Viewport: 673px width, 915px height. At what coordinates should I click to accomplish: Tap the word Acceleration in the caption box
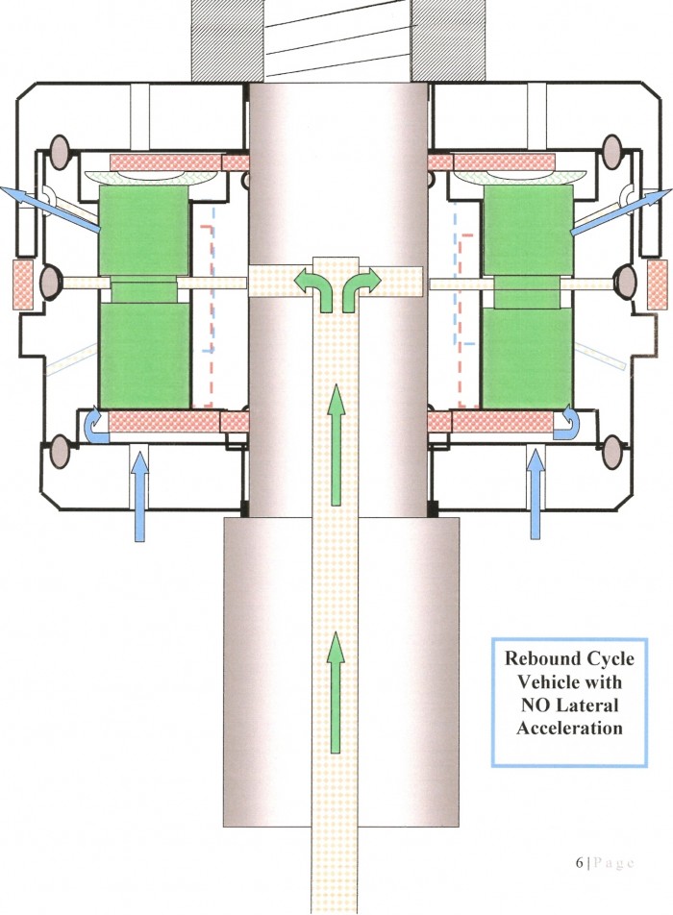pyautogui.click(x=569, y=729)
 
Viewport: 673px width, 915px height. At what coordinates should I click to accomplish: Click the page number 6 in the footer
pyautogui.click(x=579, y=862)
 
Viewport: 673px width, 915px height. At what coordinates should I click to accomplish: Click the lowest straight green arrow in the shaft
pyautogui.click(x=335, y=691)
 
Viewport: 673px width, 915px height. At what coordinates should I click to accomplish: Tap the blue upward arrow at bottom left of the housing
pyautogui.click(x=138, y=498)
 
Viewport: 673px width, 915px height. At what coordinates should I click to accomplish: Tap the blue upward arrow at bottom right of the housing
pyautogui.click(x=536, y=495)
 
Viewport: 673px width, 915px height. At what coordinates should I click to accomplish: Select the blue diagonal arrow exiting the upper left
pyautogui.click(x=50, y=210)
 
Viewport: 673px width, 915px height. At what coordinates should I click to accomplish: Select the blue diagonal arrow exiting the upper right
pyautogui.click(x=621, y=212)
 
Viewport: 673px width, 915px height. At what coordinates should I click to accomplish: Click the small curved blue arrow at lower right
pyautogui.click(x=565, y=421)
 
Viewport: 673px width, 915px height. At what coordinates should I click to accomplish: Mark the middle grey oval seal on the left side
pyautogui.click(x=51, y=283)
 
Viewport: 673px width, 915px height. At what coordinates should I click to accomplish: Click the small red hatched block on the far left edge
pyautogui.click(x=23, y=284)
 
